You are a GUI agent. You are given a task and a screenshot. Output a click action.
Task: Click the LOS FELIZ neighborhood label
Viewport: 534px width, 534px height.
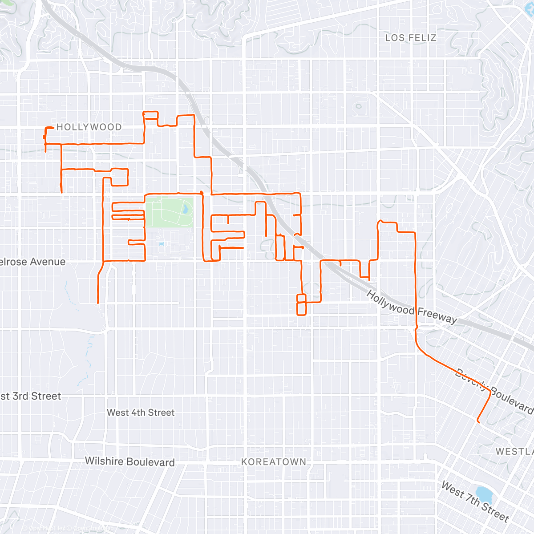pos(410,38)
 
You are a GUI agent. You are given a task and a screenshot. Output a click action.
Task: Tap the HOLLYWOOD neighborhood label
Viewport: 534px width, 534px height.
pos(89,127)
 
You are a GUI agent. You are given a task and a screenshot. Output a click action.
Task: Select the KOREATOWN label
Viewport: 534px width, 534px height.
pos(274,462)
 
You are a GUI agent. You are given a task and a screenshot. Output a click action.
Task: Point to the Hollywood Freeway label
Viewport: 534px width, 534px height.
pos(412,307)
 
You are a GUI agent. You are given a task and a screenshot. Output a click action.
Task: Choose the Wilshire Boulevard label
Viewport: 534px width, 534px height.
pos(129,461)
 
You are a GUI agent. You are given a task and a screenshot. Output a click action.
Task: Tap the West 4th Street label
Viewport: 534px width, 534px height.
pos(141,413)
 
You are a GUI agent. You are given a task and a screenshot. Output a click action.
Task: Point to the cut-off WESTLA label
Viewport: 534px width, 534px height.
pos(514,451)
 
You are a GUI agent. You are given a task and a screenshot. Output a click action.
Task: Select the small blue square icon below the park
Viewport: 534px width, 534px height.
pos(161,244)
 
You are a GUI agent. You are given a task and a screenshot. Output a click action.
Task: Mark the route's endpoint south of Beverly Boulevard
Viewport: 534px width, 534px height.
pos(478,421)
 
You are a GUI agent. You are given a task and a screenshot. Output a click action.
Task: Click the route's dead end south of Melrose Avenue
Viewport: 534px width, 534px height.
pos(98,303)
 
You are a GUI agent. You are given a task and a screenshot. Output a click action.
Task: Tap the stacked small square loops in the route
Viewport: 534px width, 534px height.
pos(302,304)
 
